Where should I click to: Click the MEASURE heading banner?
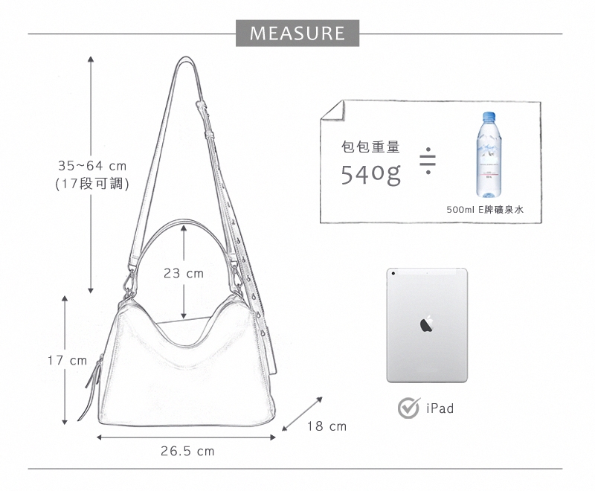point(297,33)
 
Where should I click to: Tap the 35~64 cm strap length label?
point(92,166)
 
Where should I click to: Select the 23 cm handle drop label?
point(184,273)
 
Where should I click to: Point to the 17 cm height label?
point(67,360)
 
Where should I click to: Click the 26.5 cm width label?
point(187,451)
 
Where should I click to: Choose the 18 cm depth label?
point(327,426)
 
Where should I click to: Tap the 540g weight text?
point(370,174)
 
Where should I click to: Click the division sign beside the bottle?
point(428,161)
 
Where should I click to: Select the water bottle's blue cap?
point(489,115)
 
